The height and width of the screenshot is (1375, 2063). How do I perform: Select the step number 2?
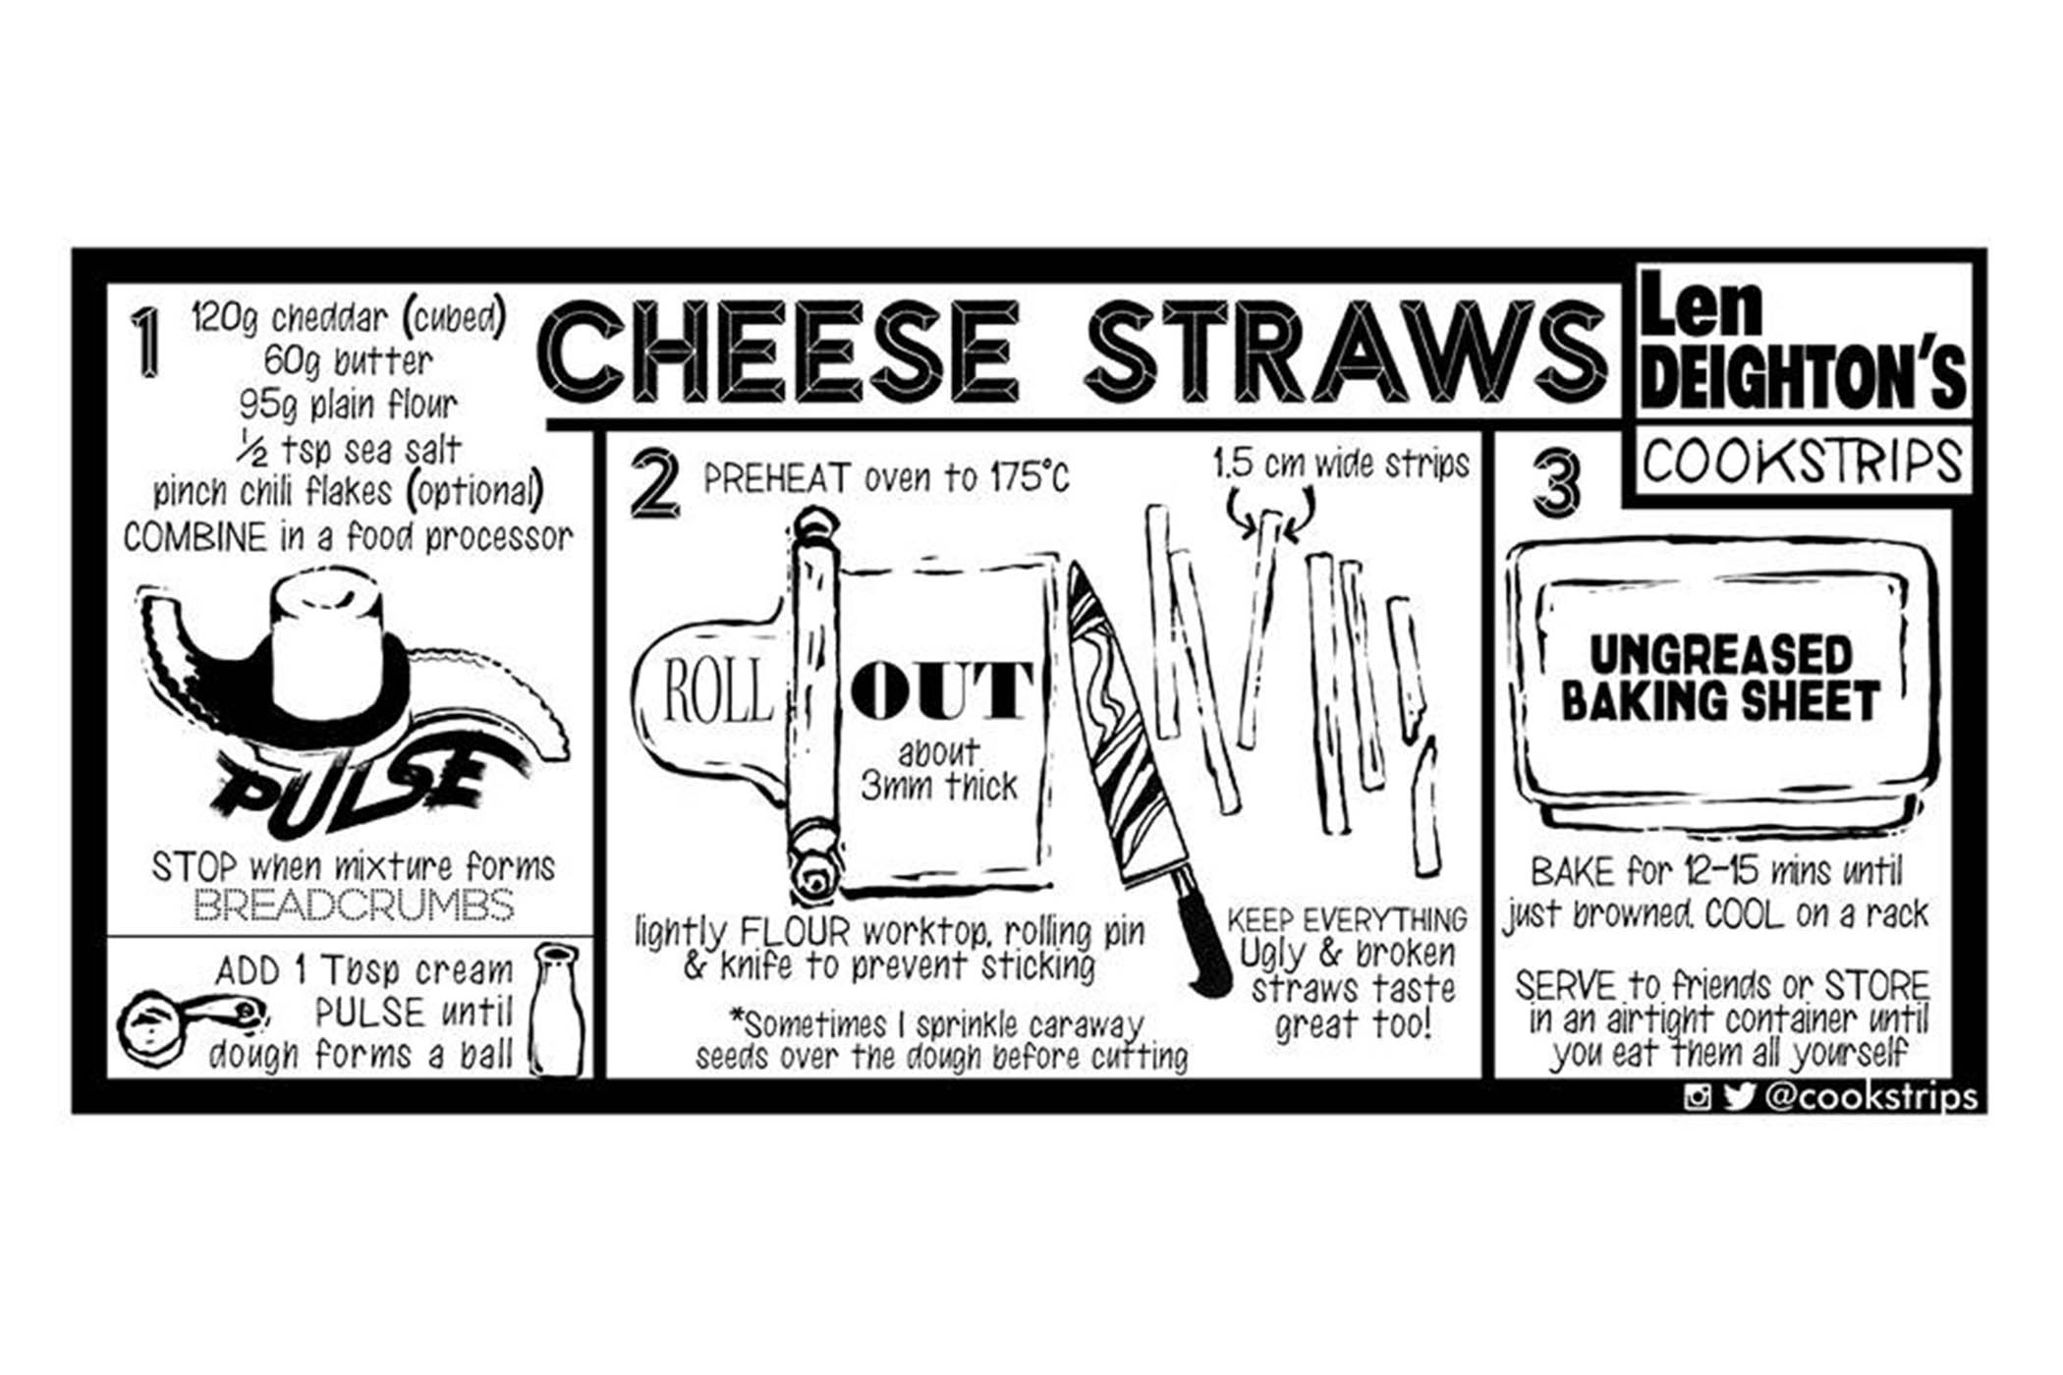coord(655,482)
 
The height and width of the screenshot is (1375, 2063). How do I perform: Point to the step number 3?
coord(1557,482)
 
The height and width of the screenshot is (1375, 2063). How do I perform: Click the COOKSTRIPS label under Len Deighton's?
coord(1803,462)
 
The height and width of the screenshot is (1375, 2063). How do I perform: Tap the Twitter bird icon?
coord(1739,1095)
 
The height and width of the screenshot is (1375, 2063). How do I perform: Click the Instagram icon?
coord(1698,1096)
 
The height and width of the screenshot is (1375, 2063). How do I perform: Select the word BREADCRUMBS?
coord(354,905)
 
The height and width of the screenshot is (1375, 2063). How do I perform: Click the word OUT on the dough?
coord(941,690)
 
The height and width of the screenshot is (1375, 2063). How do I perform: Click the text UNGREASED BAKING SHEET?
coord(1720,678)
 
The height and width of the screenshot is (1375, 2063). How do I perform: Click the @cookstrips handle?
coord(1872,1095)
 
